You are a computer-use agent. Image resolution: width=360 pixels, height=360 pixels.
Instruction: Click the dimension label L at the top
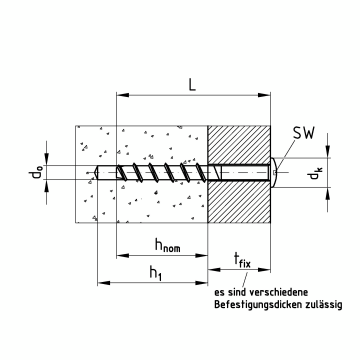(192, 84)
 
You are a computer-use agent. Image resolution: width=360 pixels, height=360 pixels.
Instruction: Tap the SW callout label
(303, 134)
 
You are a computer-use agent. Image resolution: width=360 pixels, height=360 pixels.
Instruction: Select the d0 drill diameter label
(35, 172)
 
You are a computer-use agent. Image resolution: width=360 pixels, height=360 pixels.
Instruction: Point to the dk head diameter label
(315, 173)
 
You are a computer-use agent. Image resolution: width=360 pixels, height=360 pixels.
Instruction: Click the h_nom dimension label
(168, 245)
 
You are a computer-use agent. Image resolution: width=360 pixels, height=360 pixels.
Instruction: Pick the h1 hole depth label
(156, 274)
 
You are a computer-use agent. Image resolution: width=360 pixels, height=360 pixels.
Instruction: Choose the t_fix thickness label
(242, 260)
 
